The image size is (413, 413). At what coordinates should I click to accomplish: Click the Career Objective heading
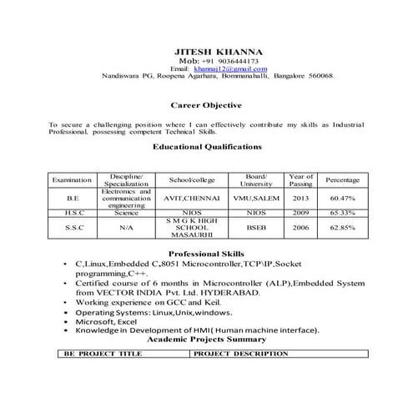[206, 106]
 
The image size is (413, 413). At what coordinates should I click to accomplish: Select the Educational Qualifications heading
[208, 146]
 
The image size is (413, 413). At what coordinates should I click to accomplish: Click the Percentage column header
[343, 179]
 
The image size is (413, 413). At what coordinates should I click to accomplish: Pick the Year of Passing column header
[300, 179]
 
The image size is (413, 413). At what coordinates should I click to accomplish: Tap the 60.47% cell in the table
[343, 199]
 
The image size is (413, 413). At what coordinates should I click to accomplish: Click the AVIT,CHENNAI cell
[192, 199]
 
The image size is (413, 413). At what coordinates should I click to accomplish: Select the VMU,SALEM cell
[256, 199]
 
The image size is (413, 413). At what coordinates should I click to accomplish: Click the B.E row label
[72, 199]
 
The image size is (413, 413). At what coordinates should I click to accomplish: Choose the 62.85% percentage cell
[343, 227]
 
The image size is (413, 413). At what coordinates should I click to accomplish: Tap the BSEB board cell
[256, 227]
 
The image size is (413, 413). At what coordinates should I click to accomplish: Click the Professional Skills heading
[206, 253]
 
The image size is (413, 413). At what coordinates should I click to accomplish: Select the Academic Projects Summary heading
[206, 340]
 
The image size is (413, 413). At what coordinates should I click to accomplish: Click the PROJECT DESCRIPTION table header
[241, 354]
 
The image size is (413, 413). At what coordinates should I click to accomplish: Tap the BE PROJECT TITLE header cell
[103, 354]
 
